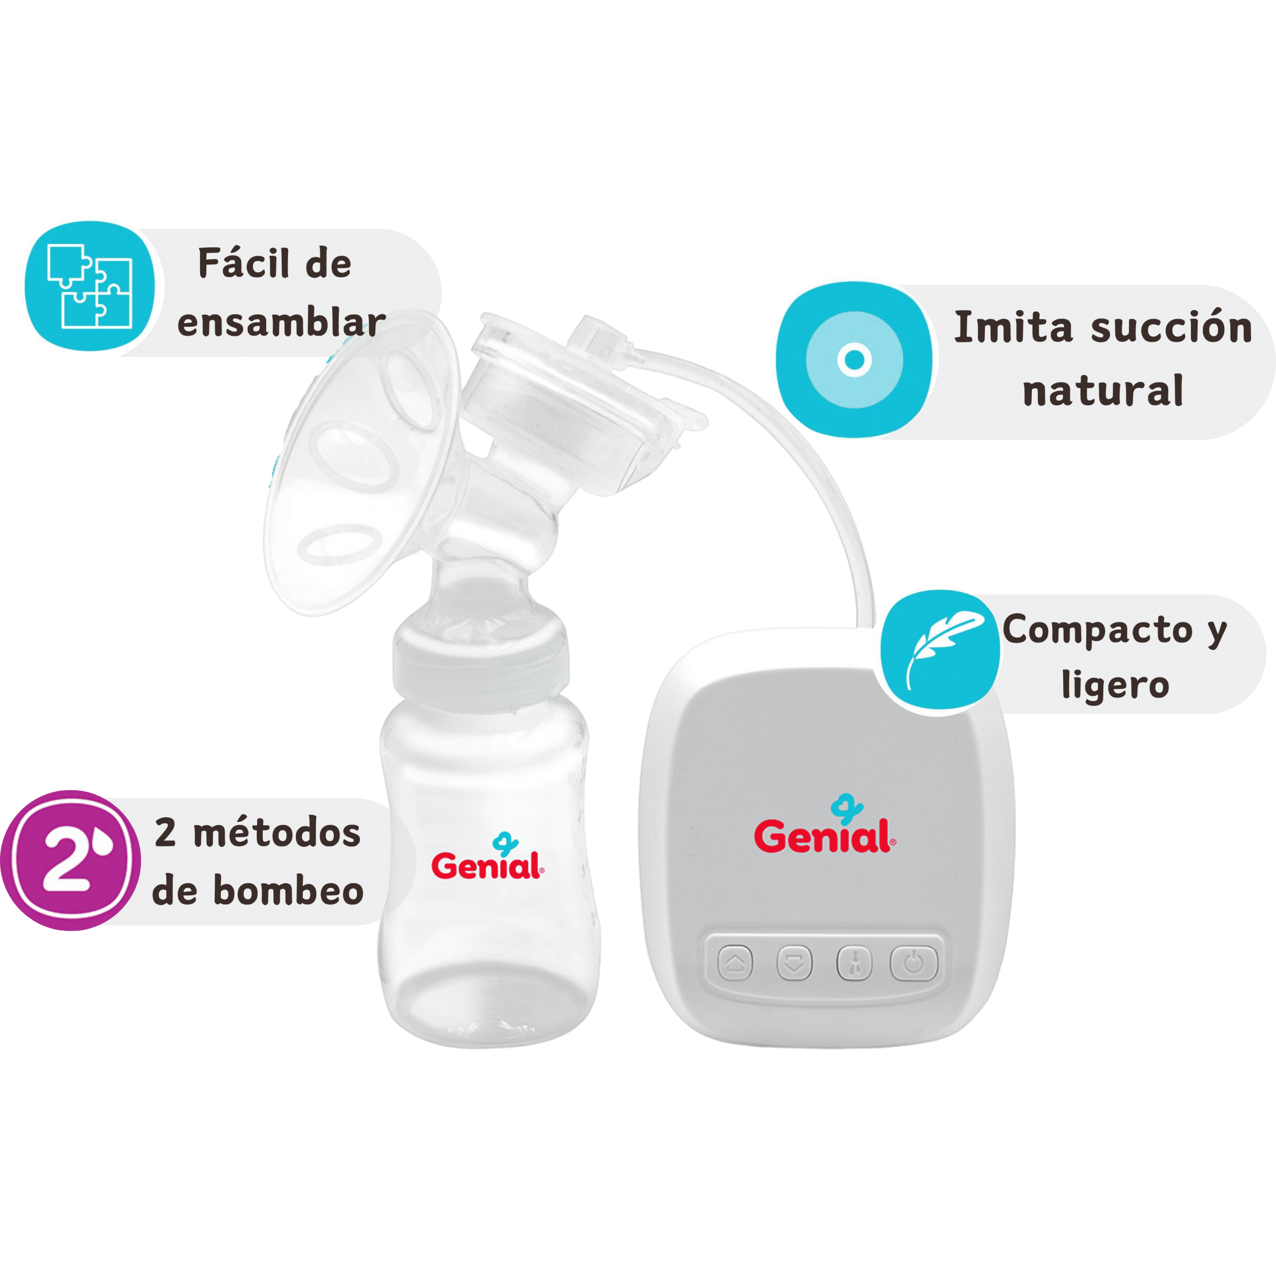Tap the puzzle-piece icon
pos(90,286)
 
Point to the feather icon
pos(941,650)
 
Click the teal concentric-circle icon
pos(854,359)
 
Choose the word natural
pos(1103,390)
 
